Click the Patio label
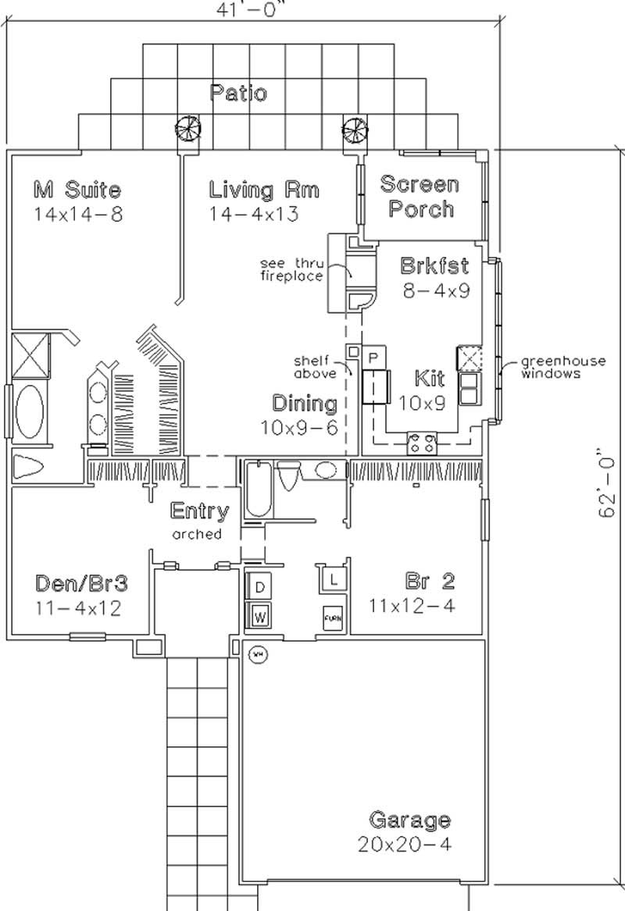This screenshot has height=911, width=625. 238,94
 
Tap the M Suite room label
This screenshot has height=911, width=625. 77,189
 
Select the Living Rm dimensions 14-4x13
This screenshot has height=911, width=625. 254,215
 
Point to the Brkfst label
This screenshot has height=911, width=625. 434,265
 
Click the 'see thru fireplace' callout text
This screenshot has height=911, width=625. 293,270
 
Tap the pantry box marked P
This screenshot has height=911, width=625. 373,356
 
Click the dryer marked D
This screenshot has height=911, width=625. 260,586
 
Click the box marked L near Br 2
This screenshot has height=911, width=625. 334,579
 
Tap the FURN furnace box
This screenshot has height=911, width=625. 333,617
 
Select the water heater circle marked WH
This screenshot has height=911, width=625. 257,654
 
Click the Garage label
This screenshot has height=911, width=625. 409,820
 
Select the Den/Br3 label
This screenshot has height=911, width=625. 81,584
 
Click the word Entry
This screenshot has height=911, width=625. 200,512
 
